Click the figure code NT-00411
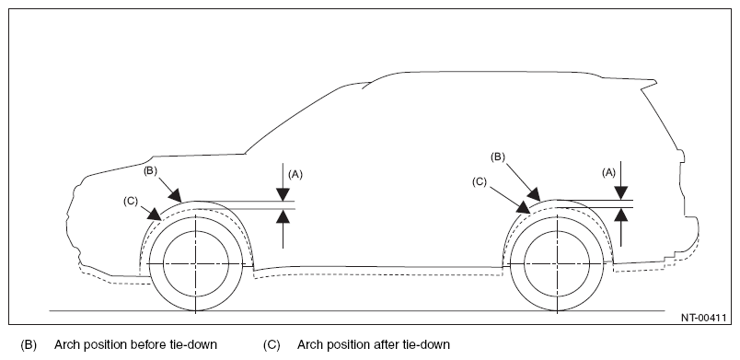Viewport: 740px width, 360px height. point(703,318)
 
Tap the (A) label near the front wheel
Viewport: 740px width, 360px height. point(295,175)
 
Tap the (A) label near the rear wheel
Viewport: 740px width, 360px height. point(608,173)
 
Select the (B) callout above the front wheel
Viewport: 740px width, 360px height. point(150,171)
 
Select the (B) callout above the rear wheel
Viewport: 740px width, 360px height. point(498,157)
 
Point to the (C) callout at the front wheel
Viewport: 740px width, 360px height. point(131,201)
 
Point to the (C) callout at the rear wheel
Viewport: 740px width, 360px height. point(479,182)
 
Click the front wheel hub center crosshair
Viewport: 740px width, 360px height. point(195,263)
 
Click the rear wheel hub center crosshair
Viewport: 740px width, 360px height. point(558,263)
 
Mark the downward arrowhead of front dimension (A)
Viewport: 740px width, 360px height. point(283,194)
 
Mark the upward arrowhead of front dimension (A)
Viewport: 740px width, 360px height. point(283,215)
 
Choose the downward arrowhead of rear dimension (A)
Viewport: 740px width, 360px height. point(621,193)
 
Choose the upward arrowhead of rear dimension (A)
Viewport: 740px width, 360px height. point(621,215)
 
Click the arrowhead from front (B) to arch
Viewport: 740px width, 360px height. point(176,196)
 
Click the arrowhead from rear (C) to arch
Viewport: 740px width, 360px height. point(524,207)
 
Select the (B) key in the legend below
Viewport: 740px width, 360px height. point(29,345)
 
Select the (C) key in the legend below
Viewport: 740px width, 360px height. point(272,345)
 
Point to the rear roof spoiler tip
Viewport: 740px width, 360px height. point(655,82)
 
